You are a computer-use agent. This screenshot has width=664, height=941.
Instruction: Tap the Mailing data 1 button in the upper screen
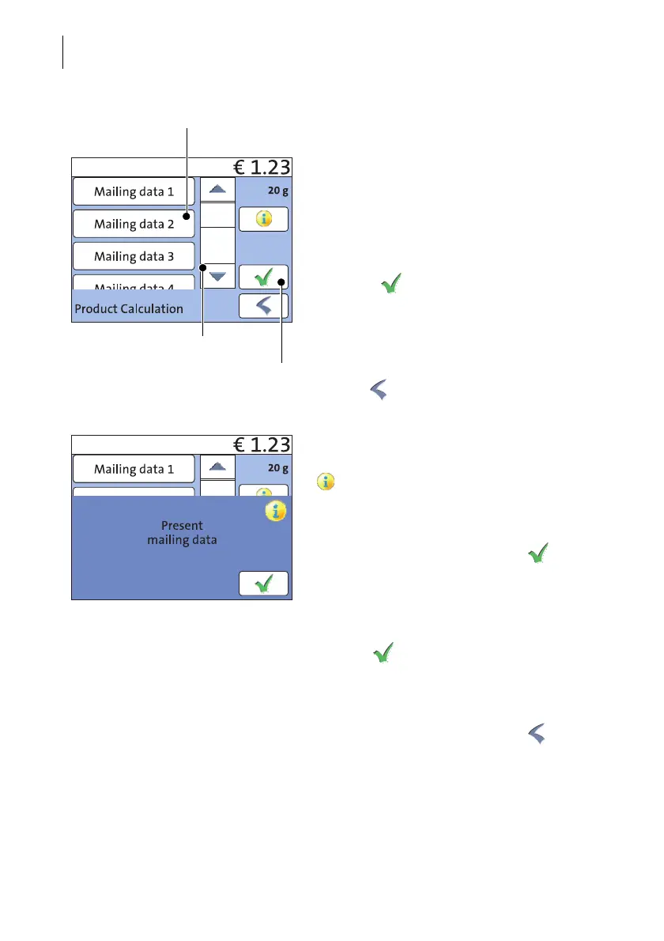click(134, 191)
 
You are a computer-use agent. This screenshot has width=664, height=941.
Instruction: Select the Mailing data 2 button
click(134, 224)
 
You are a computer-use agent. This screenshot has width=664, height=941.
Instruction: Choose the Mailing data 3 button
click(134, 256)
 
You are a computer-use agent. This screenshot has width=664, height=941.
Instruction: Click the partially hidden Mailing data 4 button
click(134, 283)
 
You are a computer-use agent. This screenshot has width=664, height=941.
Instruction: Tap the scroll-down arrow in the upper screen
click(217, 276)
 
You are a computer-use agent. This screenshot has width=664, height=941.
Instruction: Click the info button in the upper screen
click(263, 220)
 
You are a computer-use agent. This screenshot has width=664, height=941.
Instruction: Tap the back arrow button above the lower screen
click(263, 307)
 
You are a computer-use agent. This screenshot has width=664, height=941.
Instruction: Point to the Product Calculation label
click(129, 309)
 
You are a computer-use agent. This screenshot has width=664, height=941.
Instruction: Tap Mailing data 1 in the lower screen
click(134, 469)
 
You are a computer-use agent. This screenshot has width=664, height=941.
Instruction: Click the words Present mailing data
click(182, 533)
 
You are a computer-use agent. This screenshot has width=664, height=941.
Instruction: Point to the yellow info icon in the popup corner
click(274, 512)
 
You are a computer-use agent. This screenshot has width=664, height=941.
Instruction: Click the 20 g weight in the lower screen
click(277, 467)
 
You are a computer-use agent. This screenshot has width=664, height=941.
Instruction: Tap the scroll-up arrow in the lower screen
click(217, 467)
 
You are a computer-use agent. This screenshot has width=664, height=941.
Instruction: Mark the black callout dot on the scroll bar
click(203, 267)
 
